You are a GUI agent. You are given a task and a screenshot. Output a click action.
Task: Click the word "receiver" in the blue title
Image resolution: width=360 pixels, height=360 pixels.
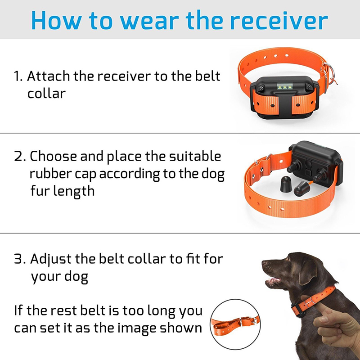tap(279, 21)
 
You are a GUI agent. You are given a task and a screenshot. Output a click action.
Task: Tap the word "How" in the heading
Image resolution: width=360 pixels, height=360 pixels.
tap(56, 20)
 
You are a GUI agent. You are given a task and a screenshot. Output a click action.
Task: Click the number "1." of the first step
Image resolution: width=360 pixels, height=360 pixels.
tap(18, 76)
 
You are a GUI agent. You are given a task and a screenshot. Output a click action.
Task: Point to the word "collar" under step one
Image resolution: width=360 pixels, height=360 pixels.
tap(47, 93)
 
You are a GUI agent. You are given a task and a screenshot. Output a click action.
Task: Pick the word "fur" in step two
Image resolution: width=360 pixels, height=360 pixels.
tap(40, 190)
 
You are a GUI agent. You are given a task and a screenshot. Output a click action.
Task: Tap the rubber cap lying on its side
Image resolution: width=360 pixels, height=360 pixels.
tap(302, 189)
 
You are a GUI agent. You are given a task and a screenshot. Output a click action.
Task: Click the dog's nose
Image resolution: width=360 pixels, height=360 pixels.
tap(265, 263)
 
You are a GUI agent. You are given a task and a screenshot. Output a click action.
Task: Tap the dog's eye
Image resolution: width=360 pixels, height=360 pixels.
tap(285, 262)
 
